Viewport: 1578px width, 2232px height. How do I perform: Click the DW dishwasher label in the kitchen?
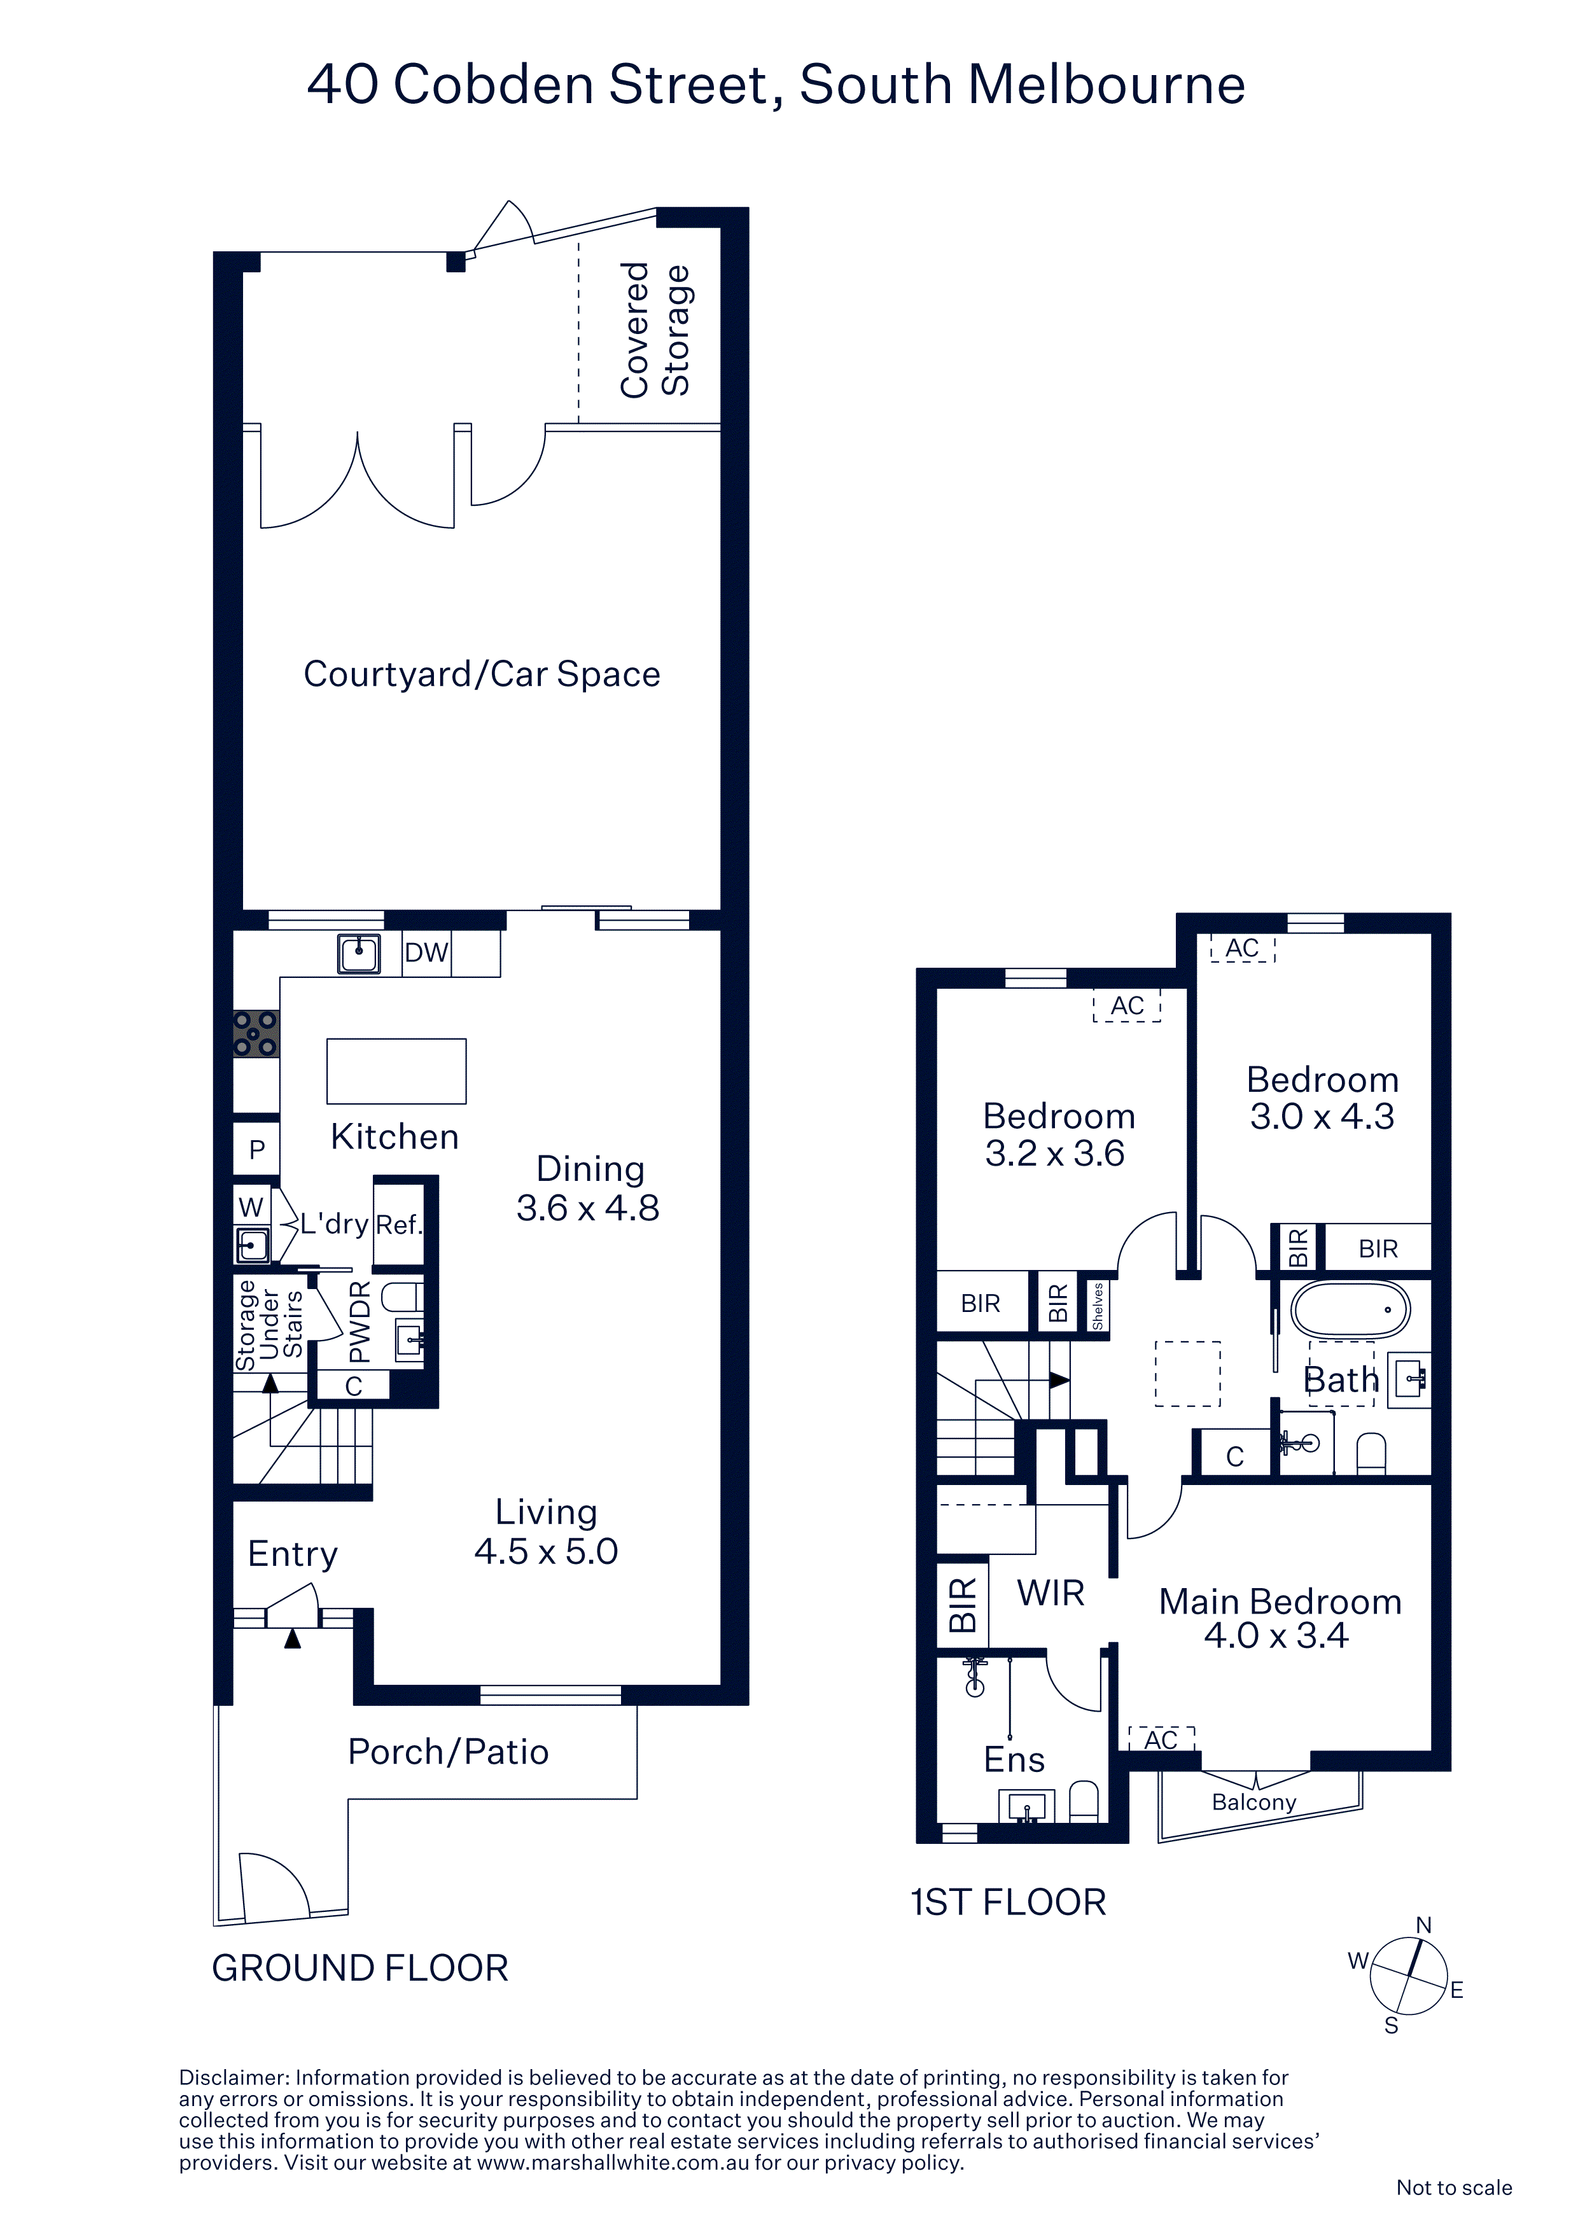point(426,952)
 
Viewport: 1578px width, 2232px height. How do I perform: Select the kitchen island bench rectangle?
point(396,1071)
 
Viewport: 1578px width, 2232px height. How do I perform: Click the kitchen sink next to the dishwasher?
point(359,952)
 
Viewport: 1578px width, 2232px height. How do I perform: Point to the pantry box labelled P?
point(256,1150)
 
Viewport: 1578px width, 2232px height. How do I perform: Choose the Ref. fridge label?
point(398,1225)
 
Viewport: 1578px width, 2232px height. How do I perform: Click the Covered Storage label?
point(655,330)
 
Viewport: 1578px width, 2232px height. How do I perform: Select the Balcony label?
point(1253,1803)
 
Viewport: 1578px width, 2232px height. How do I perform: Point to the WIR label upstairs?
point(1050,1593)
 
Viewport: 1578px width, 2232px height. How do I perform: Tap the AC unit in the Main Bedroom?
point(1161,1739)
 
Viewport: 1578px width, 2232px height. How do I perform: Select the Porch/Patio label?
point(448,1752)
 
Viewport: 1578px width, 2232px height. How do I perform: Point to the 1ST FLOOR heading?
point(1009,1902)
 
